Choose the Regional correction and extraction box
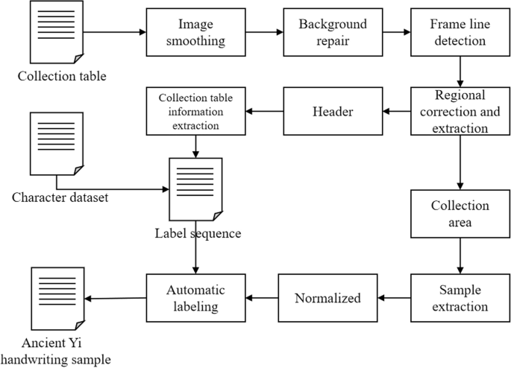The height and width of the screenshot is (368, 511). [459, 112]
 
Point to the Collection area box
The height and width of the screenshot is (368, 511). [459, 214]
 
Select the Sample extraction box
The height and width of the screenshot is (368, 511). [459, 298]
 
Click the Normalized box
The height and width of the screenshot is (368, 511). [327, 298]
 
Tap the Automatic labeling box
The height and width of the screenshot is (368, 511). [195, 298]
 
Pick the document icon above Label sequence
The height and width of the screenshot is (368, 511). [195, 188]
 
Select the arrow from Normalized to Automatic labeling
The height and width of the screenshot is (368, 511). [262, 298]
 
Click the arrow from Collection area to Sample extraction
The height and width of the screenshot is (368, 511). [459, 256]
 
